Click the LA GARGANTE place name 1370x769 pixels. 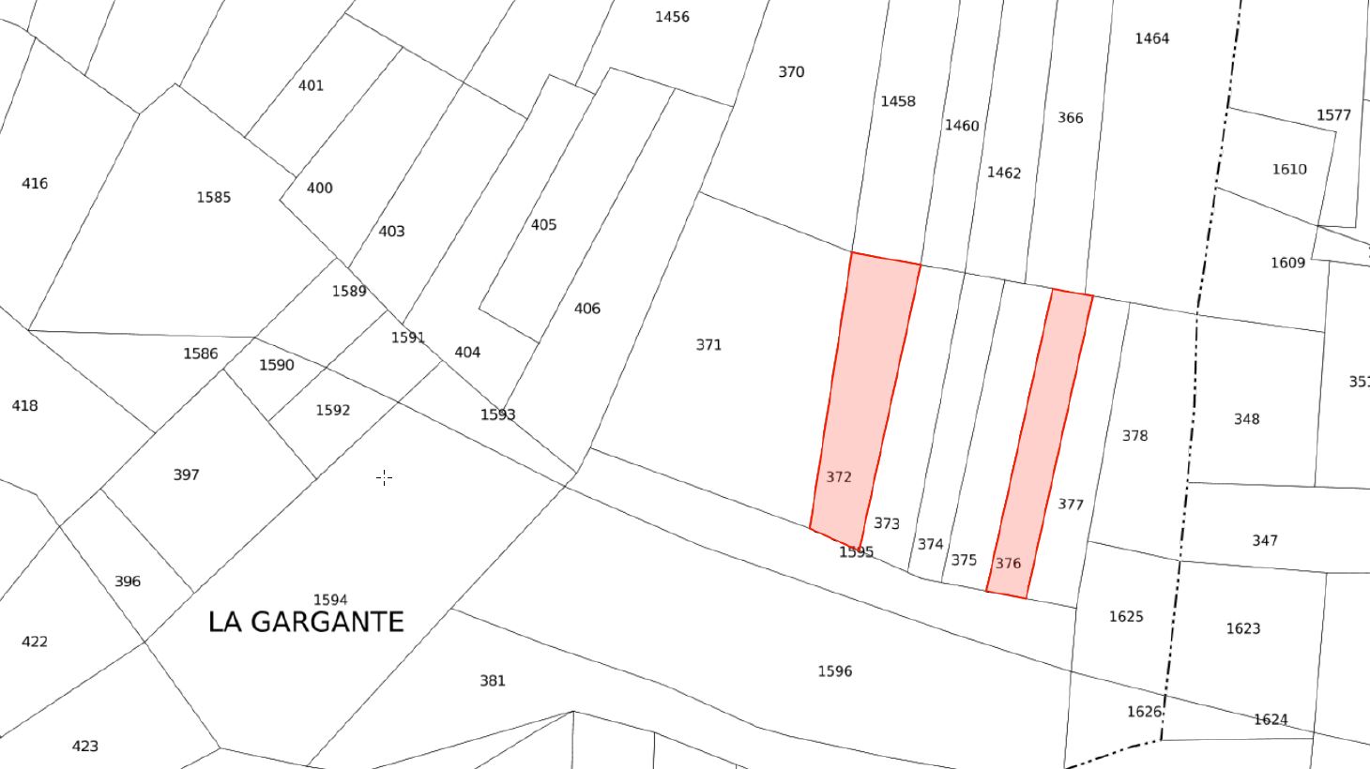tap(306, 622)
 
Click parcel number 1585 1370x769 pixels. tap(214, 197)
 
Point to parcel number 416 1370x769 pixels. tap(35, 183)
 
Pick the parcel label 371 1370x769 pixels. tap(708, 345)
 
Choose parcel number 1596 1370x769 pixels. tap(834, 671)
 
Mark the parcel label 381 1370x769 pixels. tap(493, 681)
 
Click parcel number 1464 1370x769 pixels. tap(1151, 38)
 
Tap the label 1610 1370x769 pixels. tap(1288, 170)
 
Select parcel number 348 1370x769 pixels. tap(1246, 419)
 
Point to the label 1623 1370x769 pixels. tap(1242, 628)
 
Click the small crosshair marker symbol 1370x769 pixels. tap(385, 477)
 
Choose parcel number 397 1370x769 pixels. tap(187, 475)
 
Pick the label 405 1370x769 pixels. tap(543, 225)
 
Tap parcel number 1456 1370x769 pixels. tap(672, 17)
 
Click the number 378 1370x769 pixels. tap(1134, 436)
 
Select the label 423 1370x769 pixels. tap(84, 746)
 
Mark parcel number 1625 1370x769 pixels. tap(1126, 616)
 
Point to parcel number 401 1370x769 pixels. tap(311, 85)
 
